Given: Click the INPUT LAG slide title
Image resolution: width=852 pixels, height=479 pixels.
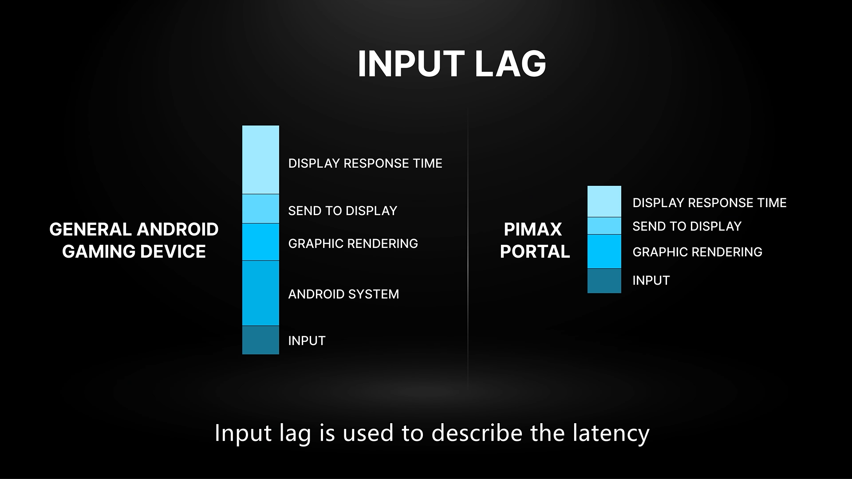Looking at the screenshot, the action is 452,64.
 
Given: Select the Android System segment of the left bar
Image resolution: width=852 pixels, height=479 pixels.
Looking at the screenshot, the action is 260,293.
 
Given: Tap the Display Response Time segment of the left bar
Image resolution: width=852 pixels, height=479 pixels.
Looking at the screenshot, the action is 260,160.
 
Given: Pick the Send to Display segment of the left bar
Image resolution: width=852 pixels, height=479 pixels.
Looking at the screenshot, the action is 260,208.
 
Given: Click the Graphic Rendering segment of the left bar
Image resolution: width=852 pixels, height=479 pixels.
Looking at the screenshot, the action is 260,242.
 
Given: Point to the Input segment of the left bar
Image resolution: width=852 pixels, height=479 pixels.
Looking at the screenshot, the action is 260,340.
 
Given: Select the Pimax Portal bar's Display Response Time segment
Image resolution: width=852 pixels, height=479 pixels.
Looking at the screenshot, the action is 604,201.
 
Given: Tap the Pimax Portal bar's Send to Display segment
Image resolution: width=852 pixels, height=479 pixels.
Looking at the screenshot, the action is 604,226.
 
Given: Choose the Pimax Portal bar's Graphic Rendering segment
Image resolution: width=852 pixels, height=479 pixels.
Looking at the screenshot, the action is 604,251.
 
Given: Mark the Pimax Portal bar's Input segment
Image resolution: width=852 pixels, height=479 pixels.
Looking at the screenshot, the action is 604,281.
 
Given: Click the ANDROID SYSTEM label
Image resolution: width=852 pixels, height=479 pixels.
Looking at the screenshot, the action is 343,294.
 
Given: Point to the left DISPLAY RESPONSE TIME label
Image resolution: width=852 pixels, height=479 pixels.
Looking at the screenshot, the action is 365,163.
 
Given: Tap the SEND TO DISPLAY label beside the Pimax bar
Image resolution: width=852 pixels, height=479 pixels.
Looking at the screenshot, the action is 687,226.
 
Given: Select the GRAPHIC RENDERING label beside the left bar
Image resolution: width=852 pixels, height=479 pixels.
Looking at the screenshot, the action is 353,243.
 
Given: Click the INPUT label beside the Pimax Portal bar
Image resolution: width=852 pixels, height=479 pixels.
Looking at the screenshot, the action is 651,280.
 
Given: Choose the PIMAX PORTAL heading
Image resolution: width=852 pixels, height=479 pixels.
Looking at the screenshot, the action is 535,240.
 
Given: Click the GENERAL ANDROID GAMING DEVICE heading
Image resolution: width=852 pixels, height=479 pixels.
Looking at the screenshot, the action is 134,240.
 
